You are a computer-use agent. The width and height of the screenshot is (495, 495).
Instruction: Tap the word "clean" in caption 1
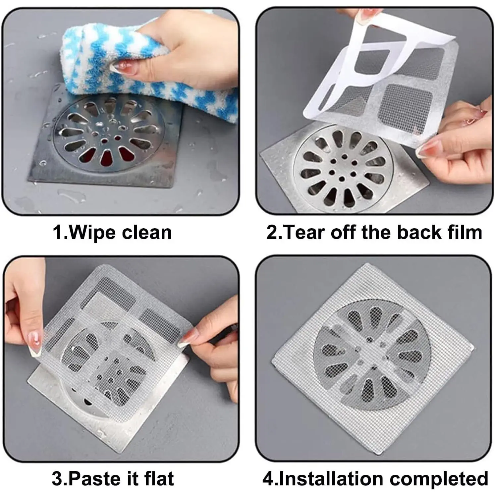(x=147, y=232)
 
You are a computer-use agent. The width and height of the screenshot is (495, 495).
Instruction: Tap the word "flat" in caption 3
(x=159, y=479)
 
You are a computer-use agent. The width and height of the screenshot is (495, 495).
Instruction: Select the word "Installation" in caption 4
(x=332, y=479)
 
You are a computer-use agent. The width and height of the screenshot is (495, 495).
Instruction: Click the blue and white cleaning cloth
(x=142, y=66)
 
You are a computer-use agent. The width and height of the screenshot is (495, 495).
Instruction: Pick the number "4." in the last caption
(x=270, y=479)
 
